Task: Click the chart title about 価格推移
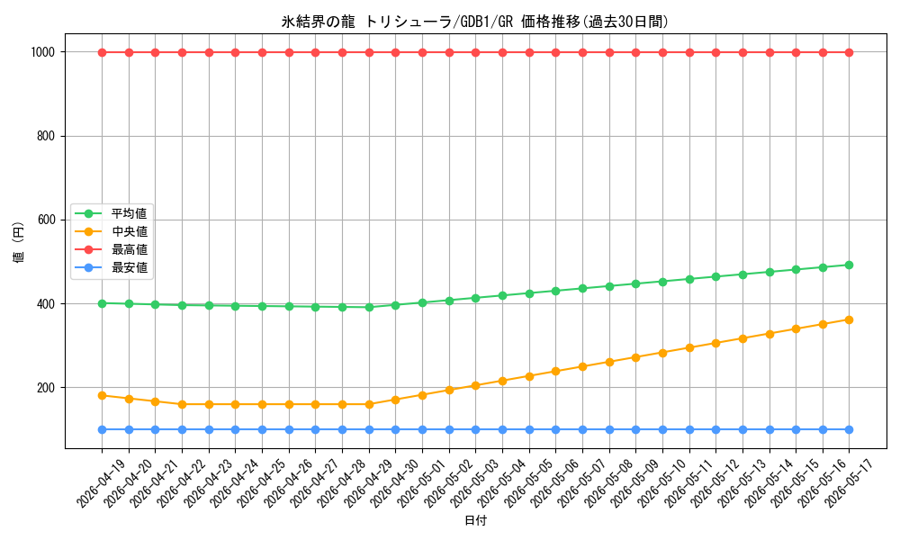pos(475,22)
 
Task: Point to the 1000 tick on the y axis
pos(43,52)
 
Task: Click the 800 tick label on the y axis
pos(46,136)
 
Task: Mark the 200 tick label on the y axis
pos(46,387)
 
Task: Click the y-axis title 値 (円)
pos(19,241)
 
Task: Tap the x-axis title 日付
pos(475,520)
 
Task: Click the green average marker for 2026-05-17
pos(849,265)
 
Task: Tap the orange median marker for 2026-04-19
pos(103,395)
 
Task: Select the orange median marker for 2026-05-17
pos(849,319)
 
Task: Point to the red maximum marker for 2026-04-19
pos(103,52)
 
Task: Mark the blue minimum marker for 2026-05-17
pos(849,429)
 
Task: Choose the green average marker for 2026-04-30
pos(395,305)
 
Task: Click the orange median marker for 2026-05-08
pos(609,362)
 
